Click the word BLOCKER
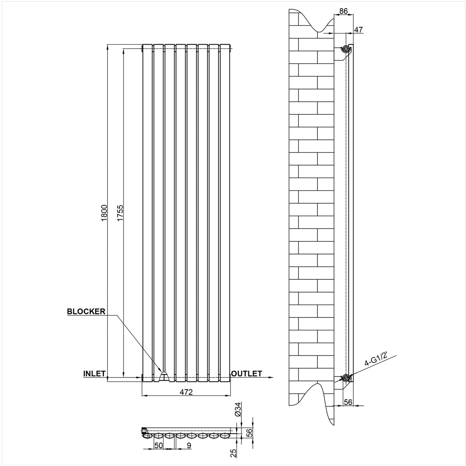[x=86, y=311]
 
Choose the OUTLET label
[x=246, y=373]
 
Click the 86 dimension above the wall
[x=344, y=12]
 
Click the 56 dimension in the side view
[x=348, y=402]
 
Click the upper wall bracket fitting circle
[x=346, y=49]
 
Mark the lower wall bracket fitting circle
[x=346, y=377]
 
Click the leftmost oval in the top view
[x=147, y=436]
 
